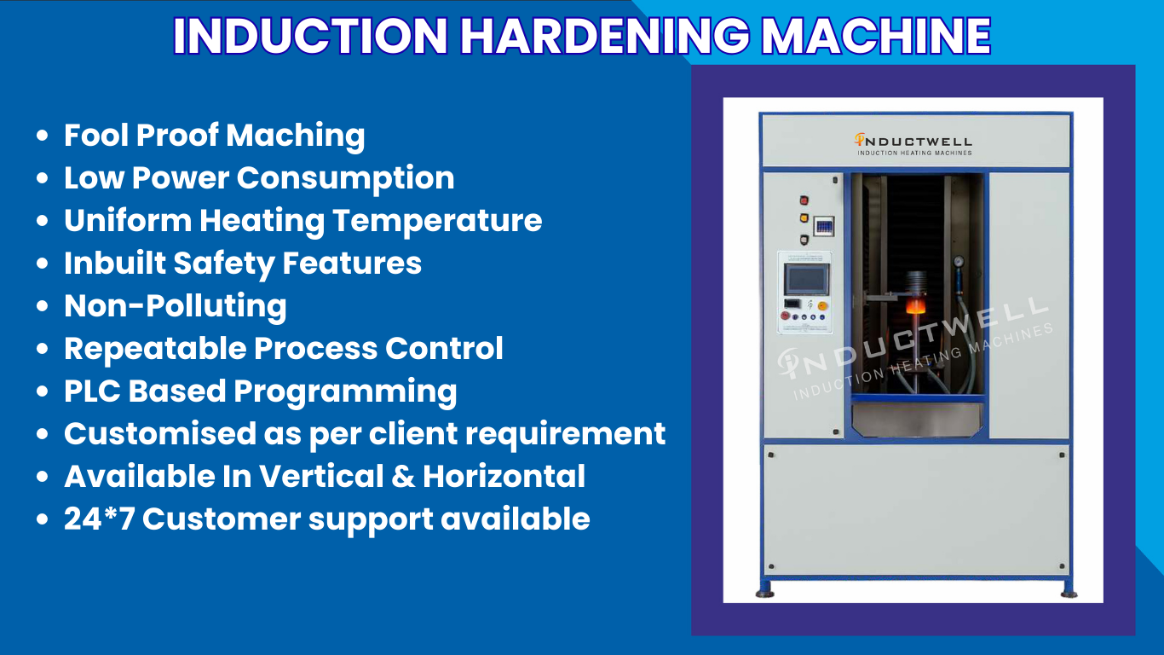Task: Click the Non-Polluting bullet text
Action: [x=175, y=306]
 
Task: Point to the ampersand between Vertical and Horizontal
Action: [x=403, y=477]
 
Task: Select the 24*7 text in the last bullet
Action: [x=98, y=519]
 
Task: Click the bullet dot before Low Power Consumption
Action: [x=42, y=179]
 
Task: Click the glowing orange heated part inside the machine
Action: [x=915, y=304]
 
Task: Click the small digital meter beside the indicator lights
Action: [x=823, y=226]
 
